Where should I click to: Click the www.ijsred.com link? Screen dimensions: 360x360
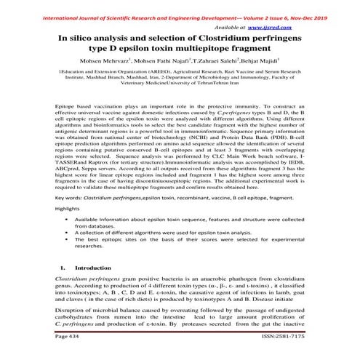click(294, 25)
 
